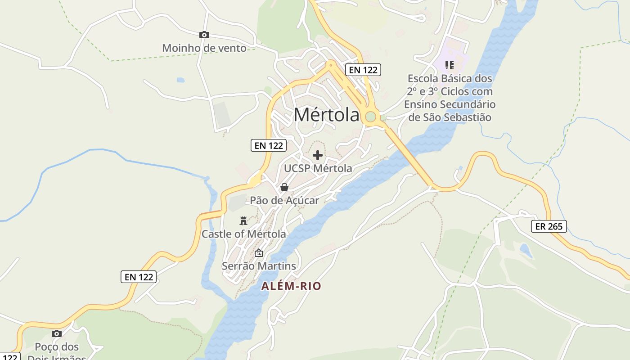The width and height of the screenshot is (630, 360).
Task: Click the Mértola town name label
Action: click(x=326, y=115)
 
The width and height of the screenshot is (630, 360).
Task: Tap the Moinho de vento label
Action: click(x=204, y=48)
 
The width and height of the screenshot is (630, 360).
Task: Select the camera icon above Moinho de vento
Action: click(x=204, y=35)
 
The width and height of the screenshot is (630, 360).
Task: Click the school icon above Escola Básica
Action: click(x=449, y=65)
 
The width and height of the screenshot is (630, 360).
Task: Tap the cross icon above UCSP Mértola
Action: click(x=318, y=155)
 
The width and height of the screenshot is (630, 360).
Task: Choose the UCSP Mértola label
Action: click(x=318, y=168)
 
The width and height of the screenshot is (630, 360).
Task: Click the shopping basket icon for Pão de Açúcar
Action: click(x=284, y=187)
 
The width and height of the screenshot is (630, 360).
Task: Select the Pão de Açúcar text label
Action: click(x=284, y=200)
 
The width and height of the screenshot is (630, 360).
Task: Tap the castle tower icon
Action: click(x=243, y=220)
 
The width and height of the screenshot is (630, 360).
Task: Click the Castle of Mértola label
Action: click(x=243, y=234)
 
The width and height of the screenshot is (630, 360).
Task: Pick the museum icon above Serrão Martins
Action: click(x=258, y=253)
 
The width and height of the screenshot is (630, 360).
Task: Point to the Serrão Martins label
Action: click(x=259, y=266)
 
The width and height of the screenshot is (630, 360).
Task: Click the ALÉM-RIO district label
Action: click(x=292, y=286)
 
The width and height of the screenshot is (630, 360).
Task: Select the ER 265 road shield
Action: click(x=549, y=226)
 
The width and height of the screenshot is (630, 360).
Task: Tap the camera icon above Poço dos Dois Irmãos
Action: click(x=56, y=333)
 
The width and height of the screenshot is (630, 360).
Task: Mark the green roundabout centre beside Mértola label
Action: click(x=370, y=117)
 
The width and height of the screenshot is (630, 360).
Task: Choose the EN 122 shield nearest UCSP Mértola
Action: click(x=269, y=145)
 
